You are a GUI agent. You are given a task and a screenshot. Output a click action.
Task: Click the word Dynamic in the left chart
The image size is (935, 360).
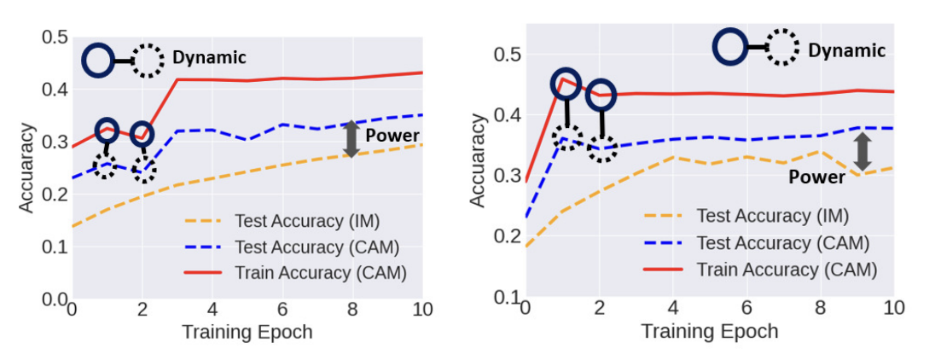[209, 58]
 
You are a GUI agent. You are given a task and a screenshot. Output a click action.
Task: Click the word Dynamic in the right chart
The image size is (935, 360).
[846, 50]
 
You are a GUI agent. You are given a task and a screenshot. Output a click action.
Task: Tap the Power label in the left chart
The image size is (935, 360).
[392, 135]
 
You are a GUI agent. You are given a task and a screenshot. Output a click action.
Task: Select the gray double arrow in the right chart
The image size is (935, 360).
[862, 151]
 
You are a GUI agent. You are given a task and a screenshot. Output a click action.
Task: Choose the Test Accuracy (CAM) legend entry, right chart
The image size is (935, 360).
[782, 242]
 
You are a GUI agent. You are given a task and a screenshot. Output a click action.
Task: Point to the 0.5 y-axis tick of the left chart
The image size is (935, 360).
[54, 37]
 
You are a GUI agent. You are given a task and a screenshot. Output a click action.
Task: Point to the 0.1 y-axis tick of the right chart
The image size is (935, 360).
[506, 298]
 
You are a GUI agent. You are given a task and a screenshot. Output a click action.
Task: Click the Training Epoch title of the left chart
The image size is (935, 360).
[247, 332]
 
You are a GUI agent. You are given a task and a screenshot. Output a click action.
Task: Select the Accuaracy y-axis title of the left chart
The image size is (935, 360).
[28, 167]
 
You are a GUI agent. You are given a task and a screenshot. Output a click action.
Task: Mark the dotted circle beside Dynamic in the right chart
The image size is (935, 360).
[782, 48]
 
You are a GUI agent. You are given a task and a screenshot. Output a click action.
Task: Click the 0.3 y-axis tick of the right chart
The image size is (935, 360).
[506, 176]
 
